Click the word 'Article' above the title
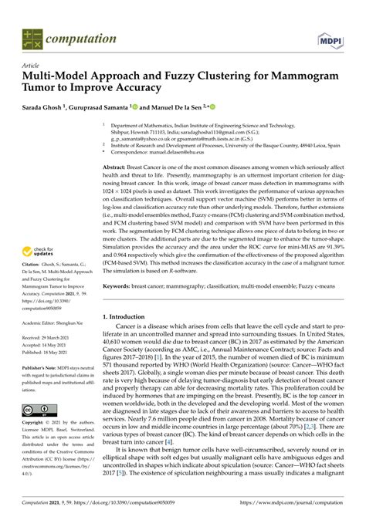[x=31, y=66]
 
